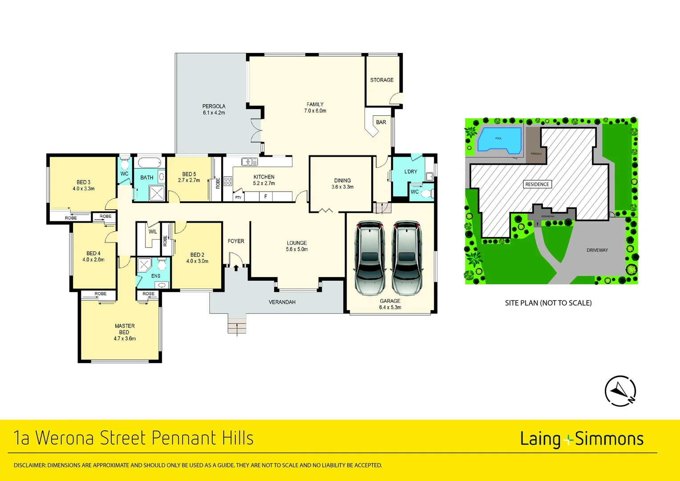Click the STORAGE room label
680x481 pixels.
coord(381,80)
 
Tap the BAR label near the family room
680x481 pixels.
coord(381,122)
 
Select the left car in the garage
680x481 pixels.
coord(369,258)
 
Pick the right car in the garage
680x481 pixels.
coord(406,258)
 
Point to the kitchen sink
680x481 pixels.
coord(249,162)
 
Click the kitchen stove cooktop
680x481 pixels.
coord(228,181)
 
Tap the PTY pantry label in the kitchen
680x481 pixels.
coord(238,197)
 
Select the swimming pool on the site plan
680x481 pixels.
coord(498,139)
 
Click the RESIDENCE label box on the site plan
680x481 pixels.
coord(537,184)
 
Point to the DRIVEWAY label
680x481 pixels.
coord(597,250)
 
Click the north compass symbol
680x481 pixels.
coord(620,391)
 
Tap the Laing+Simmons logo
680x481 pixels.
coord(582,439)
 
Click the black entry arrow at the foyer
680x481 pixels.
coord(236,268)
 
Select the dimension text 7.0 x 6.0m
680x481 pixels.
coord(315,111)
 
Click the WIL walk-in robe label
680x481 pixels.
coord(153,232)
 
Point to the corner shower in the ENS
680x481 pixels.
coord(144,265)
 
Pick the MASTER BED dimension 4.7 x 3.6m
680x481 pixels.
coord(125,338)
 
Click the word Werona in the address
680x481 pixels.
coord(66,438)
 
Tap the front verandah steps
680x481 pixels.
coord(236,326)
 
